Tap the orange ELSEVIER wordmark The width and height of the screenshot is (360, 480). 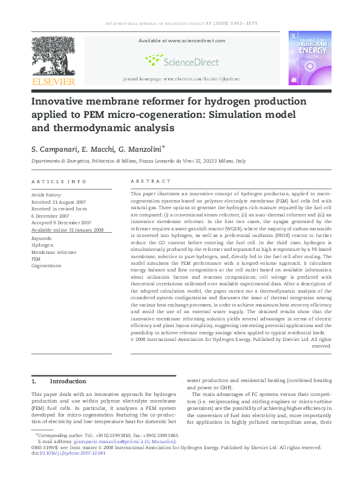coord(54,81)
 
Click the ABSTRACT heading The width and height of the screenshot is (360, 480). coord(147,181)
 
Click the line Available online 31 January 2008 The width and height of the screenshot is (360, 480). coord(68,230)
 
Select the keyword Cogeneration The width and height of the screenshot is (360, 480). coord(47,265)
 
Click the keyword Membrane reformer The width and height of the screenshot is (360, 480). coord(54,252)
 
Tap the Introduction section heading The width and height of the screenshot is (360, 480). coord(68,381)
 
